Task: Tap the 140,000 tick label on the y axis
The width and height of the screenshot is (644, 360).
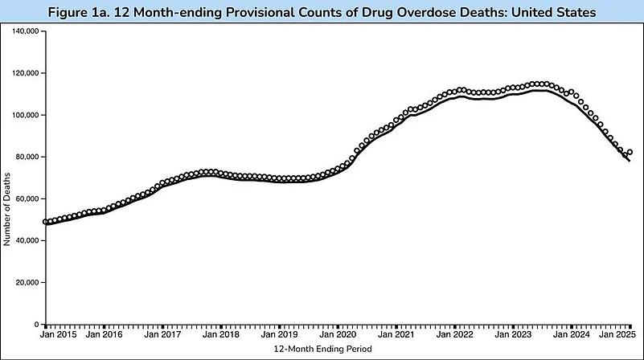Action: (x=25, y=31)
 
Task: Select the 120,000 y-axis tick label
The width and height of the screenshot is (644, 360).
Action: (x=25, y=73)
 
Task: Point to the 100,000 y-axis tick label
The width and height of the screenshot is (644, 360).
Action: (x=25, y=115)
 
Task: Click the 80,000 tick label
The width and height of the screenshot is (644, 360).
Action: (x=27, y=157)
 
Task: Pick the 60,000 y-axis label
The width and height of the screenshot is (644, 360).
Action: (x=27, y=198)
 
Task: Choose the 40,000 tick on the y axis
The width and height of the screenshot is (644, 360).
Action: (x=27, y=240)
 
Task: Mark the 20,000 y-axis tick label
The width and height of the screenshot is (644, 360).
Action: (x=27, y=283)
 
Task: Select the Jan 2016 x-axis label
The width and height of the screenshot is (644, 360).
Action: (x=104, y=334)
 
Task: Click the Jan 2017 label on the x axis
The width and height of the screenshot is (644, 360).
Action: (x=162, y=334)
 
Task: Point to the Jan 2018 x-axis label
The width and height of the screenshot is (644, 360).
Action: (x=221, y=334)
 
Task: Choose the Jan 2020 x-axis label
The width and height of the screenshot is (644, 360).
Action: (x=338, y=334)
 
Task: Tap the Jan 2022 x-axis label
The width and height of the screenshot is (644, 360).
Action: (x=455, y=334)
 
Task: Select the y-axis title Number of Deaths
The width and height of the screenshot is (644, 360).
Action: (x=7, y=178)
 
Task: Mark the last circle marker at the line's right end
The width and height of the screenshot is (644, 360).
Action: (x=630, y=152)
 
